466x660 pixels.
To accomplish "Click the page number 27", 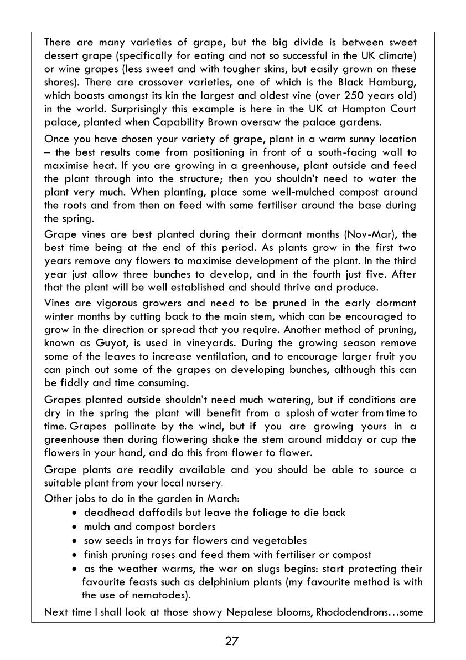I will (x=232, y=642).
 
